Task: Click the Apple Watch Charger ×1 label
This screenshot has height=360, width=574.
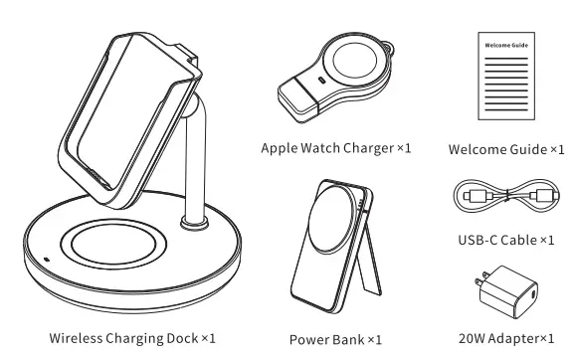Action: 335,148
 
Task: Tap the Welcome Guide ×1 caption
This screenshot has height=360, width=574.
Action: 505,148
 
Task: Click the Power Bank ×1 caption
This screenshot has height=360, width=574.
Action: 335,339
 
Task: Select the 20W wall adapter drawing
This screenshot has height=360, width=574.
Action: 506,290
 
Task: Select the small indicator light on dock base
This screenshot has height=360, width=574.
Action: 44,262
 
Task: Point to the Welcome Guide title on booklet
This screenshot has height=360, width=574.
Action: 505,46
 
